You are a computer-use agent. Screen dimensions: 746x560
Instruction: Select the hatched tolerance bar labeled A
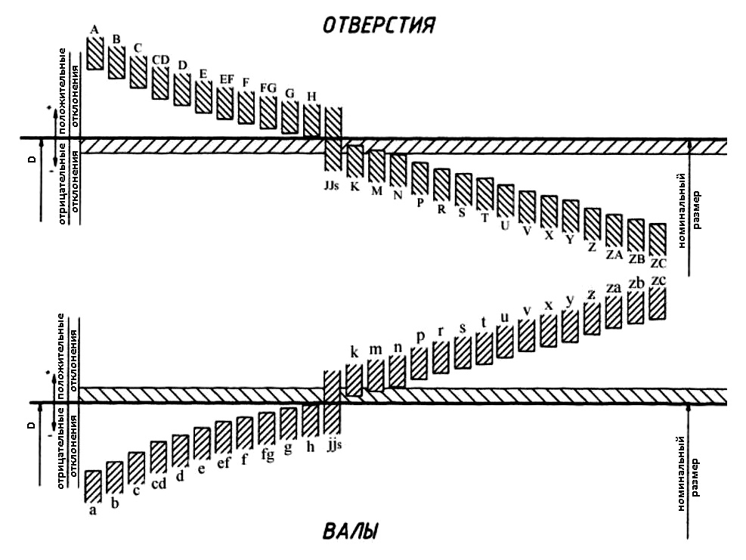tap(94, 52)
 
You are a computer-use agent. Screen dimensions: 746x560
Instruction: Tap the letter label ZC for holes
tap(658, 264)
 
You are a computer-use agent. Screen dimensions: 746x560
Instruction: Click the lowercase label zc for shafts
tap(658, 281)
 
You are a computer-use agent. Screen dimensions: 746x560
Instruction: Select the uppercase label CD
tap(160, 60)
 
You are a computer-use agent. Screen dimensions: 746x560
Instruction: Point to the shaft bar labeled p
tap(419, 360)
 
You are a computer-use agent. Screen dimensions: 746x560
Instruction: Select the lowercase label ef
tap(224, 464)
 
